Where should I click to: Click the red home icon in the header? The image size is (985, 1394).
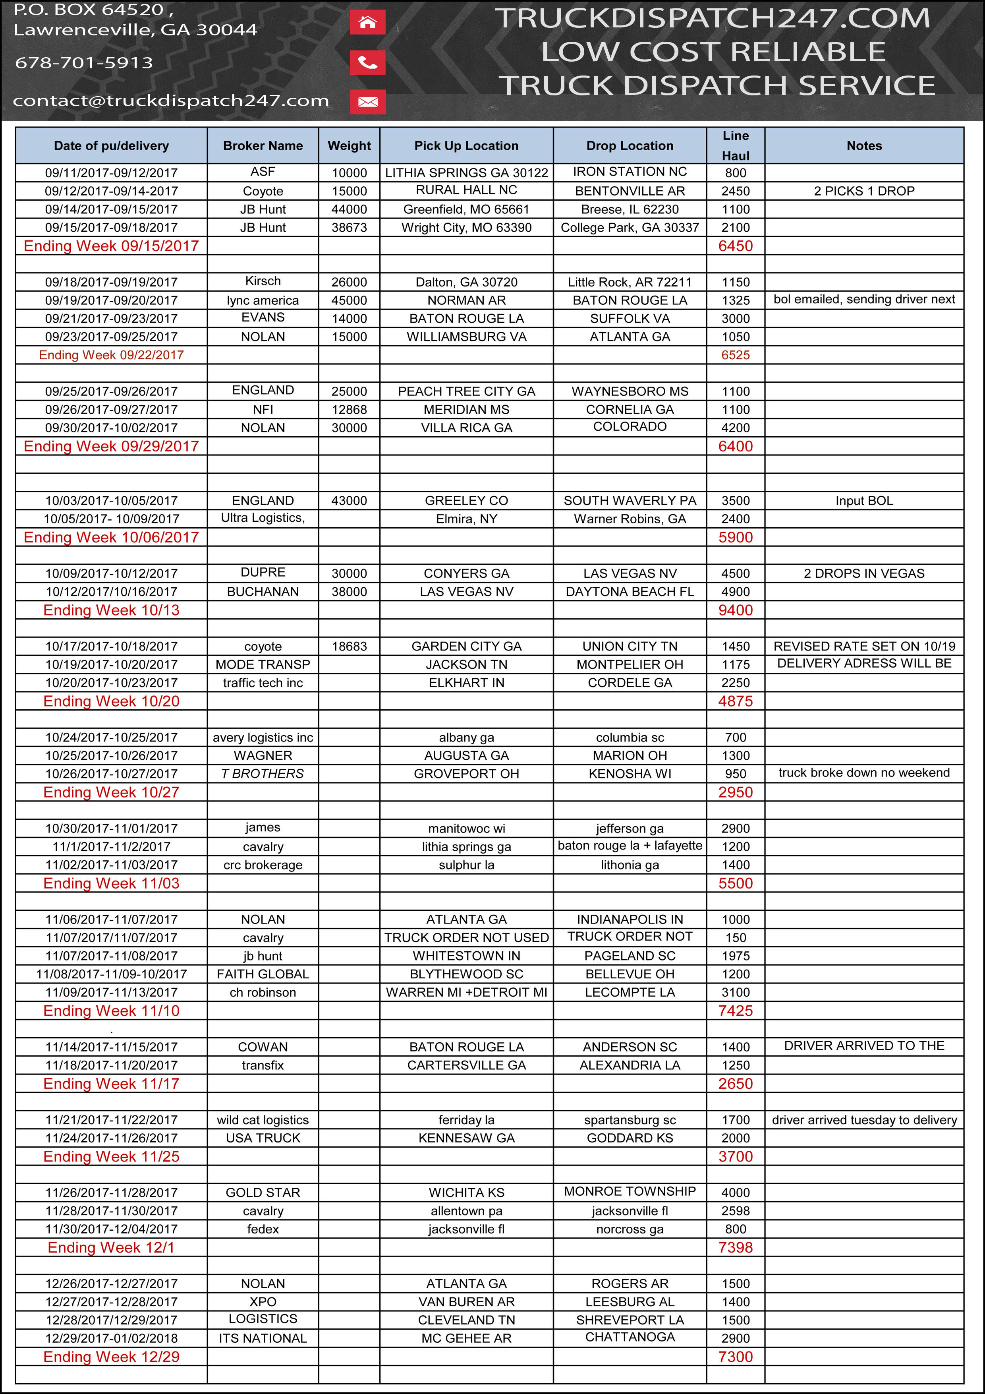point(367,23)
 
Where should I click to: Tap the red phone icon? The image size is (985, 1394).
point(367,62)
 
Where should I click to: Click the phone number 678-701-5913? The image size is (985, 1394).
point(84,62)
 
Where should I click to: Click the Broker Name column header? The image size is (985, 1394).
point(263,146)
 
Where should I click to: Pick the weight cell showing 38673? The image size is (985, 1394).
point(349,228)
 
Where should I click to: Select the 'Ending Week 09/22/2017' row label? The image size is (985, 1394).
point(111,355)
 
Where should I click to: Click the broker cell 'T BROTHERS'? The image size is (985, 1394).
point(263,774)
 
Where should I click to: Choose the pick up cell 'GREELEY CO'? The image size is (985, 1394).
point(466,501)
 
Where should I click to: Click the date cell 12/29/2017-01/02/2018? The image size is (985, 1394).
point(111,1338)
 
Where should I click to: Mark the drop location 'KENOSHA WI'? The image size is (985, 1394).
point(630,774)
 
